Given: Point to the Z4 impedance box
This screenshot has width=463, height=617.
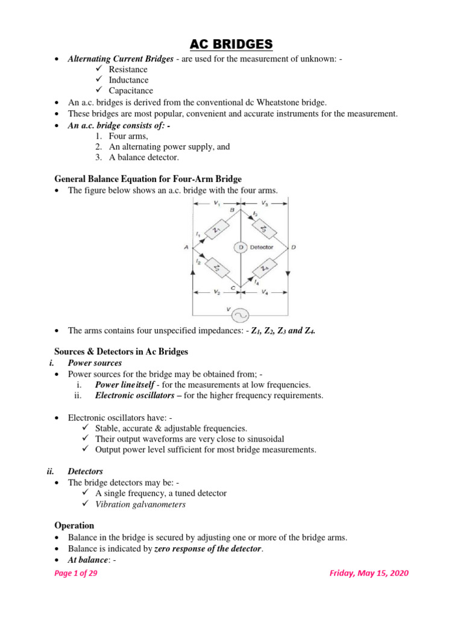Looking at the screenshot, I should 263,266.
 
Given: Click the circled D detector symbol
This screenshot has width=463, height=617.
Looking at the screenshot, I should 241,247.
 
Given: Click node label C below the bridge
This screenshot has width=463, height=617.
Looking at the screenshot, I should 233,288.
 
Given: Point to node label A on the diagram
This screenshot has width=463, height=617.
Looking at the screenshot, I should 186,247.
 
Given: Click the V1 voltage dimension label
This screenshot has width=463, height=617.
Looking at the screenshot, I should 216,204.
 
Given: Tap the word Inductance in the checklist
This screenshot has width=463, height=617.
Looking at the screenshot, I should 128,80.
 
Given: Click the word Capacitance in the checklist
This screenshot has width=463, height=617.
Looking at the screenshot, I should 131,91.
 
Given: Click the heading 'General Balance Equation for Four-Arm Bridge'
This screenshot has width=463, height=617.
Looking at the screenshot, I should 148,179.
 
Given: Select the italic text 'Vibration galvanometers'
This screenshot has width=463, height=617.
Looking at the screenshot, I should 140,504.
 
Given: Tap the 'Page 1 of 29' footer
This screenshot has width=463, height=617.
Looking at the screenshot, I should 76,573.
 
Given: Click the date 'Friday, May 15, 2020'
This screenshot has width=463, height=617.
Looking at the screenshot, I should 368,573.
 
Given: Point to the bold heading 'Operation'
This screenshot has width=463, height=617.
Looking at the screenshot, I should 74,525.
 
